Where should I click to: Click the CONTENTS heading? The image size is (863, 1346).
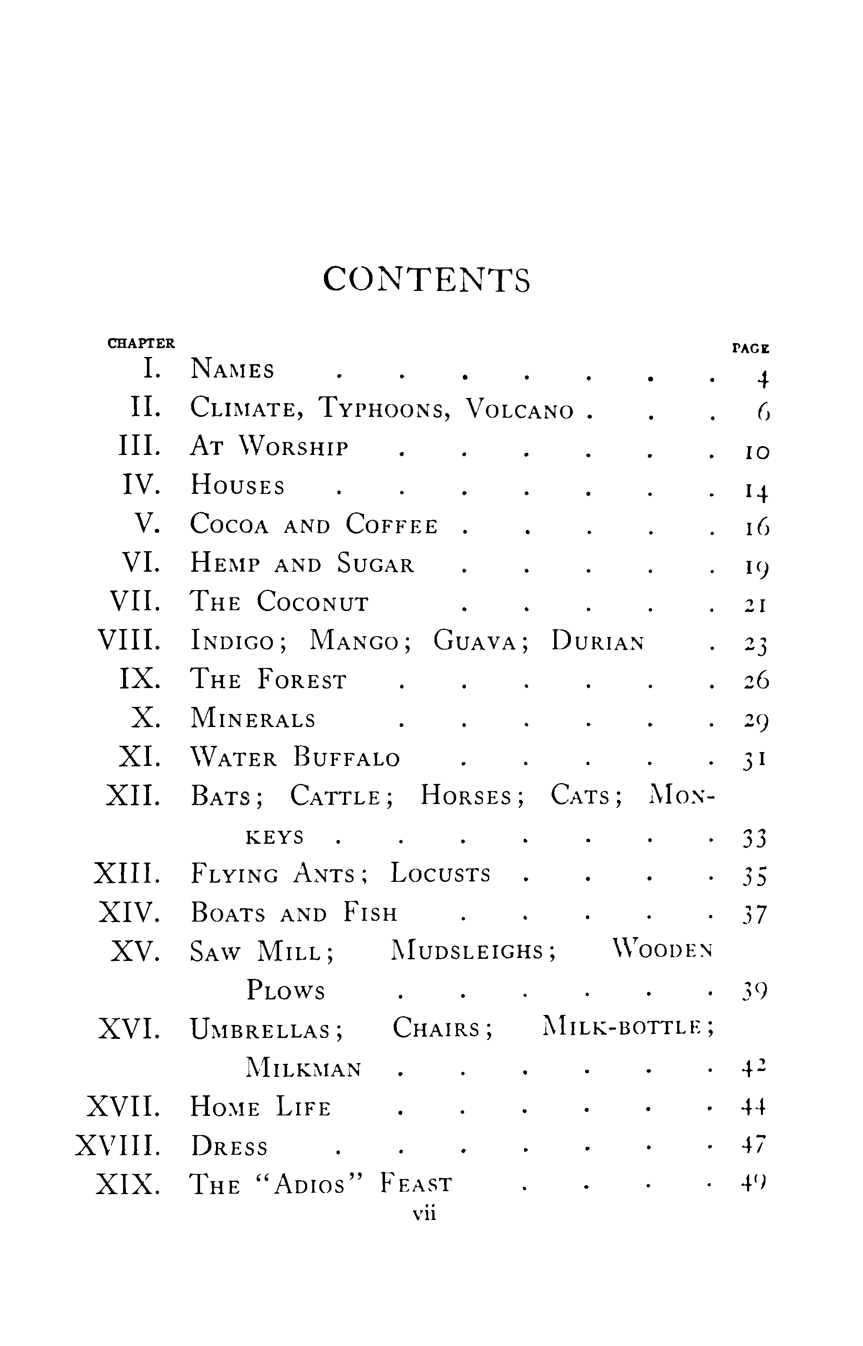pos(426,280)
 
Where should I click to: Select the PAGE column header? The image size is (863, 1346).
pos(751,349)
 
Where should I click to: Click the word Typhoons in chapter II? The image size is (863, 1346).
pos(385,408)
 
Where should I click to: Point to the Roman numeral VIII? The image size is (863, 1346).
pos(129,640)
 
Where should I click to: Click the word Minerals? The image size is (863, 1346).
pos(253,719)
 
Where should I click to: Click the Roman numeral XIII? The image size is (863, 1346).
pos(127,873)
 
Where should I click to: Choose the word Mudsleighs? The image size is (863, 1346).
pos(473,951)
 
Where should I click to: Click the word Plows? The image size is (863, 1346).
pos(286,991)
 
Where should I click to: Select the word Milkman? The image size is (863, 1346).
pos(304,1069)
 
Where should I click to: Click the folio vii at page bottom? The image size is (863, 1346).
pos(424,1214)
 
